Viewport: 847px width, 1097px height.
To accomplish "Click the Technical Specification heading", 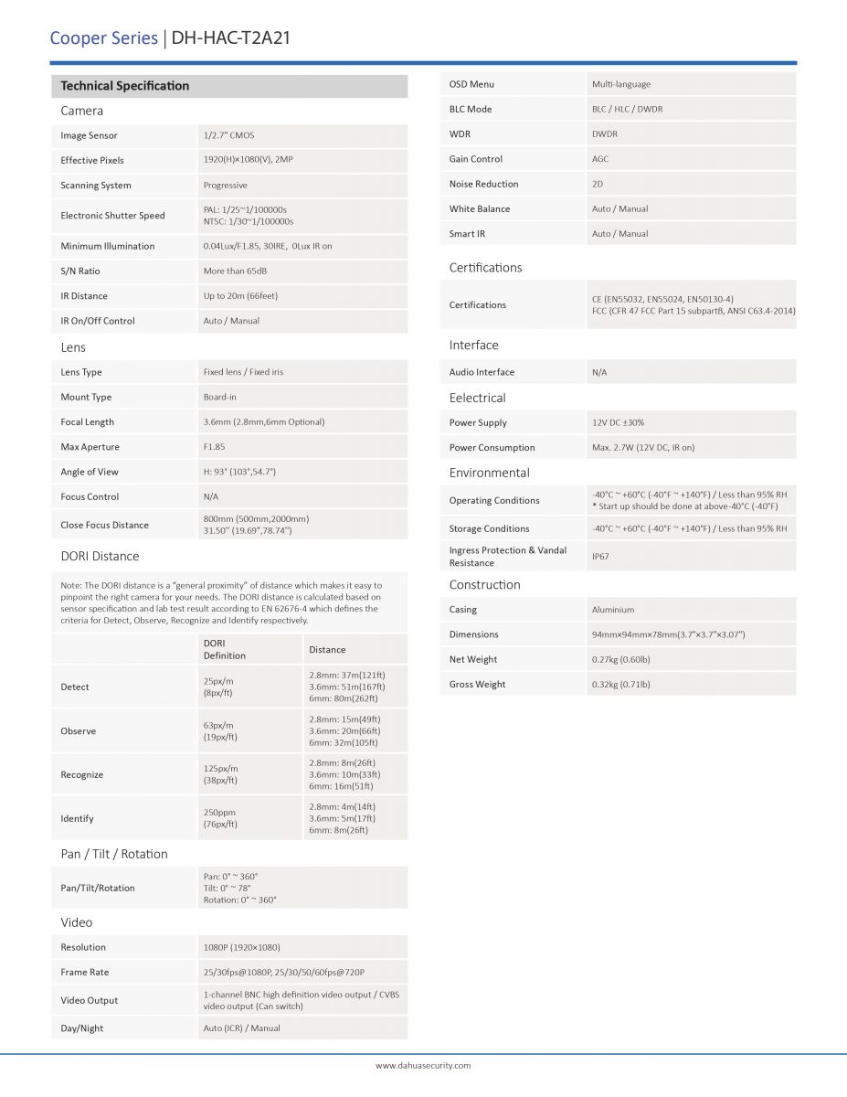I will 125,86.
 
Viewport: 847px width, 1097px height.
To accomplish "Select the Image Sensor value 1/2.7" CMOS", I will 228,135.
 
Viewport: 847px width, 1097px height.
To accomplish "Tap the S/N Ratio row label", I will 80,272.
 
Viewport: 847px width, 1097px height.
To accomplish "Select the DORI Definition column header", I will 225,649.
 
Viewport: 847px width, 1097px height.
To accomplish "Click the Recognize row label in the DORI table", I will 82,775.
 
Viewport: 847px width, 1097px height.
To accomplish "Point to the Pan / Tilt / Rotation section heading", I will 114,854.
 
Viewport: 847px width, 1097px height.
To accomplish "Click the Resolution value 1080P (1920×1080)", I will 241,947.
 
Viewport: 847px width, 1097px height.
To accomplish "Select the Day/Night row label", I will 82,1028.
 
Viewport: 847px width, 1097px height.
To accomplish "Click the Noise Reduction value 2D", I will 598,184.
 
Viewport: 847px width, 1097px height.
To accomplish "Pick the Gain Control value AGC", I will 600,159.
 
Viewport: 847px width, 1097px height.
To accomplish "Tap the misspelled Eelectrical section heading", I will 477,398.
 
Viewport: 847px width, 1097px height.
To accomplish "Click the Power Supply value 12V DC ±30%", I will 618,423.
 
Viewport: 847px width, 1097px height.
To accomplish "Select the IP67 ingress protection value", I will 600,556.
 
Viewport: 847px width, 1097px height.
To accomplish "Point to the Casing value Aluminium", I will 613,610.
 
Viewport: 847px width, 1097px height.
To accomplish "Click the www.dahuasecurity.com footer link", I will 423,1066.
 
